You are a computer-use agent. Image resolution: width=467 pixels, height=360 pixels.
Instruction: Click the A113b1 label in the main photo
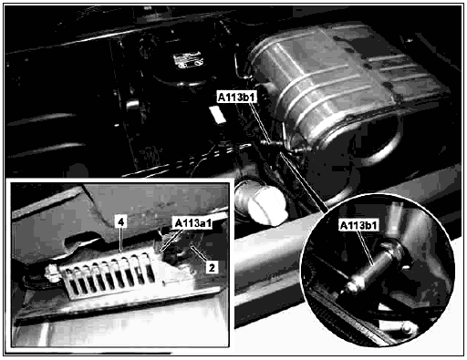pos(236,97)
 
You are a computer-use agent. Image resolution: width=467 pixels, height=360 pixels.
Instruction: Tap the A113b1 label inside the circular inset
pos(359,225)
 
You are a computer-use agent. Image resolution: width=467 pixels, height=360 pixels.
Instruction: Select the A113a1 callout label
pos(192,223)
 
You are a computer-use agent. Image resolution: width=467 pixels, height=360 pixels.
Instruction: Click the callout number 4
pos(121,222)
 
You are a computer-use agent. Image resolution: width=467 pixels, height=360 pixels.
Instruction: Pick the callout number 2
pos(212,267)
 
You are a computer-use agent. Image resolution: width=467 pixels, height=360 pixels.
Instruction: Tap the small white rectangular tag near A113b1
pos(218,115)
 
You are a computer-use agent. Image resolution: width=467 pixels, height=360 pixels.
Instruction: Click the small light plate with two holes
pos(188,61)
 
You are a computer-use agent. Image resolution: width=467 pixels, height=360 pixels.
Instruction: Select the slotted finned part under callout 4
pos(108,275)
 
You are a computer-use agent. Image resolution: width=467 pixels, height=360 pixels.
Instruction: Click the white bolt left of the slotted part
pos(52,273)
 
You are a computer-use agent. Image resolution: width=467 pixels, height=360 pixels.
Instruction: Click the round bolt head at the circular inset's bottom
pos(407,328)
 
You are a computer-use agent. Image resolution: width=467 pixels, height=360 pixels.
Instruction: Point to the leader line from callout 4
pos(121,240)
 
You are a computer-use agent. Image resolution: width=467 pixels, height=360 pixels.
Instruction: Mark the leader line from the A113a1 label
pos(172,240)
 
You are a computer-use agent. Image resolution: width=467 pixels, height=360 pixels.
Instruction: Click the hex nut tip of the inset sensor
pos(353,285)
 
